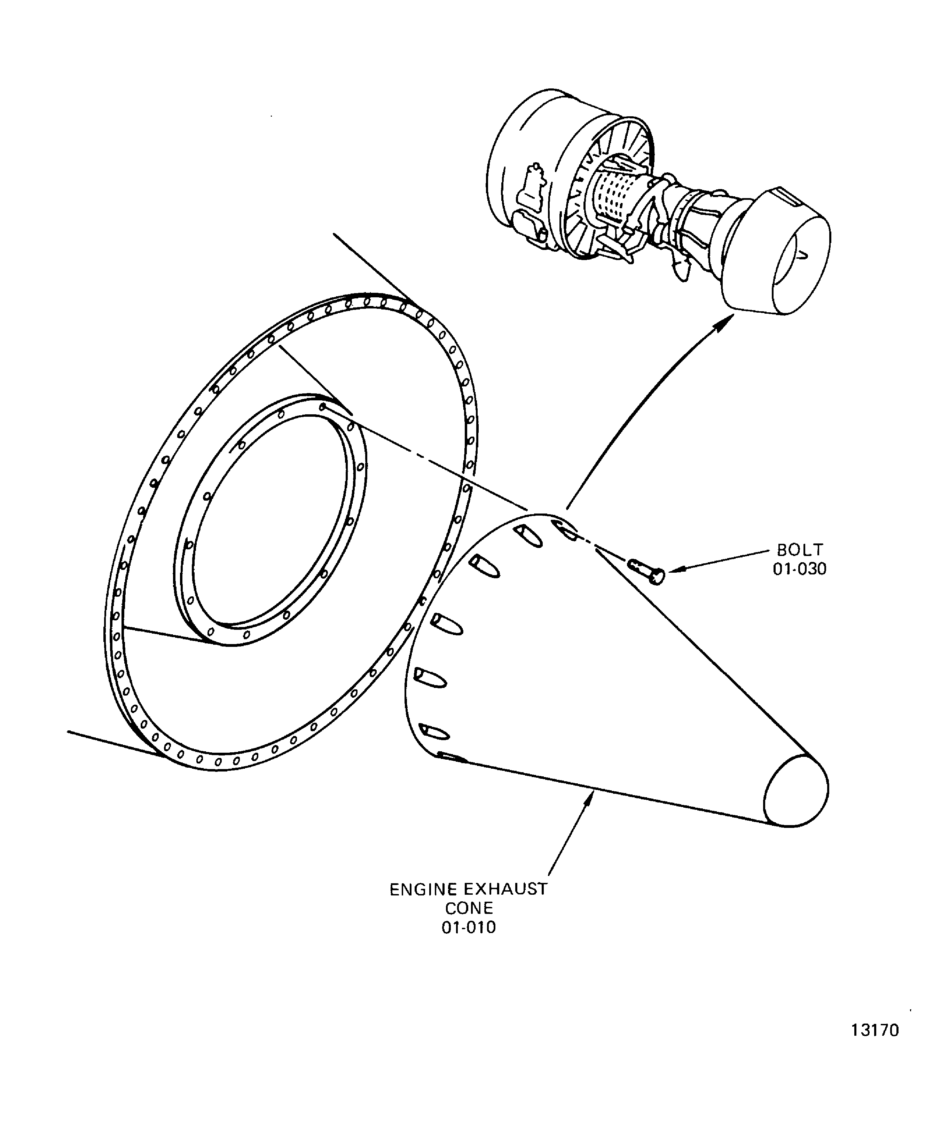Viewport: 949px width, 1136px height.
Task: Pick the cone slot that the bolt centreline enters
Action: [x=564, y=531]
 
